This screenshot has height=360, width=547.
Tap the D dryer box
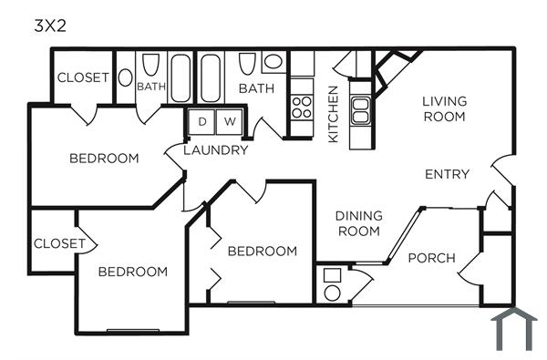tap(201, 121)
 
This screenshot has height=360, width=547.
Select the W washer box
tap(229, 121)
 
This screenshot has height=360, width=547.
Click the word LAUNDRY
tap(216, 150)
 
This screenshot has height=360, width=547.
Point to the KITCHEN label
tap(334, 114)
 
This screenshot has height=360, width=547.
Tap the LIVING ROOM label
tap(444, 108)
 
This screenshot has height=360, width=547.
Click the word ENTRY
tap(447, 174)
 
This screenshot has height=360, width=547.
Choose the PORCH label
tap(431, 258)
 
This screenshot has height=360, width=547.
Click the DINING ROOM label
tap(358, 223)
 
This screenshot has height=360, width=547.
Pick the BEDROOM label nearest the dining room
tap(263, 252)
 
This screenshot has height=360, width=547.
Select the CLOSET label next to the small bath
tap(83, 77)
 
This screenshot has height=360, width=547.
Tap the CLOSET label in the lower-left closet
tap(59, 243)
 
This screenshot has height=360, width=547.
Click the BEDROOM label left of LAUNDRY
tap(104, 159)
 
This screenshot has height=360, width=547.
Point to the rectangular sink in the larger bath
tap(273, 63)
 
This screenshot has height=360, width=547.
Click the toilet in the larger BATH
tap(247, 67)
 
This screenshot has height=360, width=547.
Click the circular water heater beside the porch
tap(332, 293)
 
